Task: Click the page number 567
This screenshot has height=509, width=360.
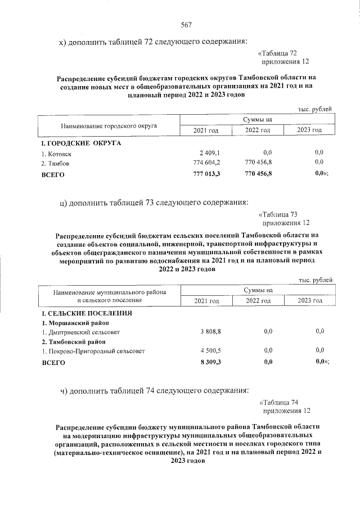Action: (187, 24)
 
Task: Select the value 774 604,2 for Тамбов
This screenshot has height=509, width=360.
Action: (207, 163)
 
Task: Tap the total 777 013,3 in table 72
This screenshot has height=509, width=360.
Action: (206, 174)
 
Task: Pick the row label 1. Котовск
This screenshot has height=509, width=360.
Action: (56, 153)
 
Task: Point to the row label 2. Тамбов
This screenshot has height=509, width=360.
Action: (55, 164)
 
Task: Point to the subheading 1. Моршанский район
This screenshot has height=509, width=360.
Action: (75, 322)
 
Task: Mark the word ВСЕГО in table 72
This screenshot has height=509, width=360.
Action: (53, 175)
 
